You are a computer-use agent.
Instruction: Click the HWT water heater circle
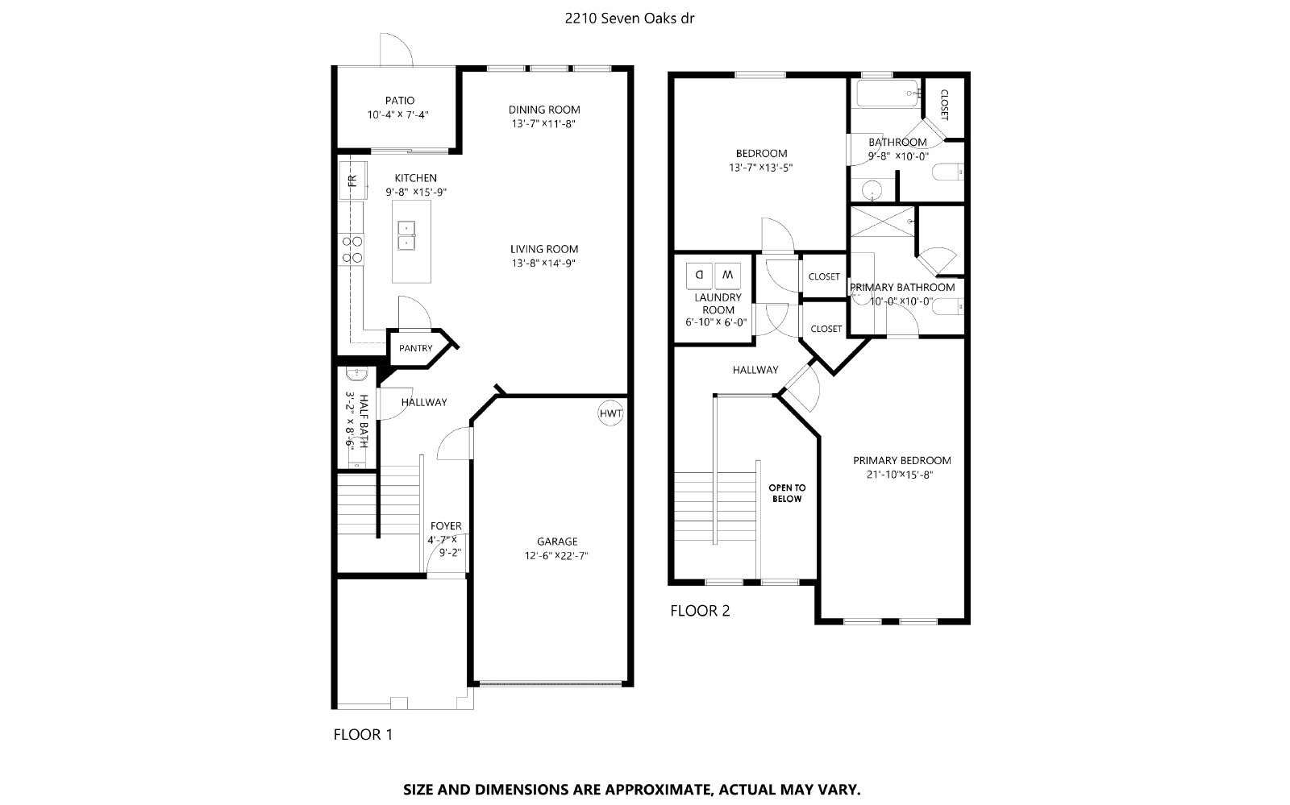pyautogui.click(x=610, y=413)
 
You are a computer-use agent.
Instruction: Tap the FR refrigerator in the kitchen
pyautogui.click(x=353, y=181)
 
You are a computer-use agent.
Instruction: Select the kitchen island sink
pyautogui.click(x=406, y=236)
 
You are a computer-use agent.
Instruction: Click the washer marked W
pyautogui.click(x=727, y=276)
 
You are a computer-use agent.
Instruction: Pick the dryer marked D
pyautogui.click(x=700, y=276)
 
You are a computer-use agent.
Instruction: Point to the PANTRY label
pyautogui.click(x=415, y=348)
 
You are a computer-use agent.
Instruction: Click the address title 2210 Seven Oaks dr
pyautogui.click(x=630, y=19)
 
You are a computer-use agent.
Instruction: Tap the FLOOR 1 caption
pyautogui.click(x=363, y=735)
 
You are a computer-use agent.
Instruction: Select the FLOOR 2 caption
pyautogui.click(x=700, y=611)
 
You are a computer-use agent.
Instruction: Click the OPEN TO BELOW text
pyautogui.click(x=787, y=493)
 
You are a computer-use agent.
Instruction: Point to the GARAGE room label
pyautogui.click(x=557, y=542)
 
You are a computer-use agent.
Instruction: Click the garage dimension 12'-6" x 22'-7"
pyautogui.click(x=556, y=556)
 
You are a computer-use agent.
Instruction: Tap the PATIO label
pyautogui.click(x=400, y=101)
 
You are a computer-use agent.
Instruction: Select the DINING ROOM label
pyautogui.click(x=544, y=110)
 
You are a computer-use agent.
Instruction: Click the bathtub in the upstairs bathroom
pyautogui.click(x=888, y=93)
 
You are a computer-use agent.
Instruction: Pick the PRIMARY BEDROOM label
pyautogui.click(x=902, y=460)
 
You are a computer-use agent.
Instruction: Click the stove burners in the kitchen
pyautogui.click(x=352, y=250)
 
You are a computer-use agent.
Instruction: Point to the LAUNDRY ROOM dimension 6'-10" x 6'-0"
pyautogui.click(x=716, y=323)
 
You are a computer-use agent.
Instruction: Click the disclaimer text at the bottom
pyautogui.click(x=632, y=790)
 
